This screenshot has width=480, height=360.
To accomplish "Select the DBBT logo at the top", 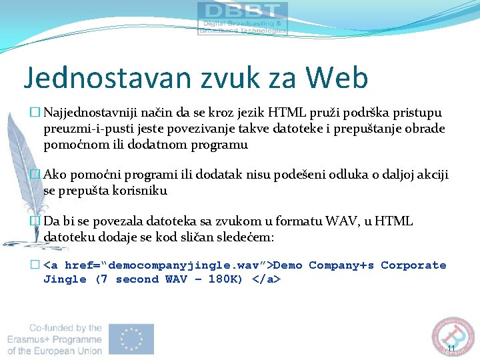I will (x=243, y=18).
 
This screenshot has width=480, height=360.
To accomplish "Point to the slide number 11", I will (x=451, y=349).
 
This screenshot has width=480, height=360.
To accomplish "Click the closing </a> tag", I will (x=267, y=279).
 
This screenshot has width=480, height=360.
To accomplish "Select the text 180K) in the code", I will (x=226, y=279).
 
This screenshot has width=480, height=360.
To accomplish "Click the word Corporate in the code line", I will (x=413, y=265).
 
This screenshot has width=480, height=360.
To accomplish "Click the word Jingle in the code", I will (x=65, y=279).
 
